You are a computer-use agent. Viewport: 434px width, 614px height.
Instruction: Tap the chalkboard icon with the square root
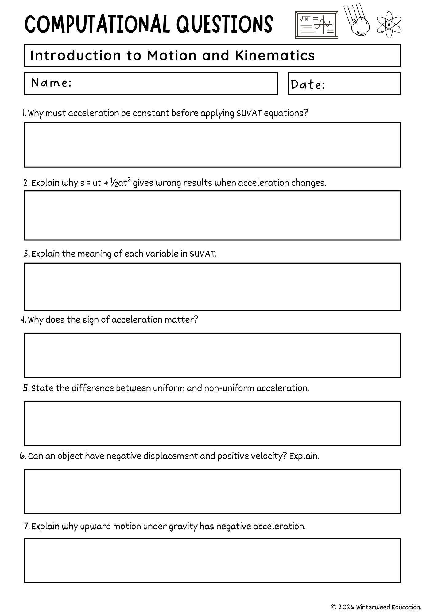pos(316,25)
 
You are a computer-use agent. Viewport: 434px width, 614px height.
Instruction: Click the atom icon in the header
pos(389,25)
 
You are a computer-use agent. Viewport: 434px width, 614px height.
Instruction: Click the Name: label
pos(51,83)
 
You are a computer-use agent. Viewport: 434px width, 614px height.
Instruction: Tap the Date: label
pos(308,85)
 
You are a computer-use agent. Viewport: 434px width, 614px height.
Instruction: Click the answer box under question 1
pos(212,145)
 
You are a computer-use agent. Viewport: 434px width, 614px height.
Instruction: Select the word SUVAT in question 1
pos(249,113)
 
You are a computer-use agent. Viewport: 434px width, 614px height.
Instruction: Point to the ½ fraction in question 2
pos(114,183)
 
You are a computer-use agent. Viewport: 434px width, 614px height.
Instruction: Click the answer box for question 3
pos(212,287)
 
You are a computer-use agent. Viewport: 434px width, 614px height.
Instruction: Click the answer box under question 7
pos(212,561)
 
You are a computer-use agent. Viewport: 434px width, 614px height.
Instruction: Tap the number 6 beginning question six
pos(22,456)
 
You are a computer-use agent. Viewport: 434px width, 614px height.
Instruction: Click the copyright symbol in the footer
pos(334,607)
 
